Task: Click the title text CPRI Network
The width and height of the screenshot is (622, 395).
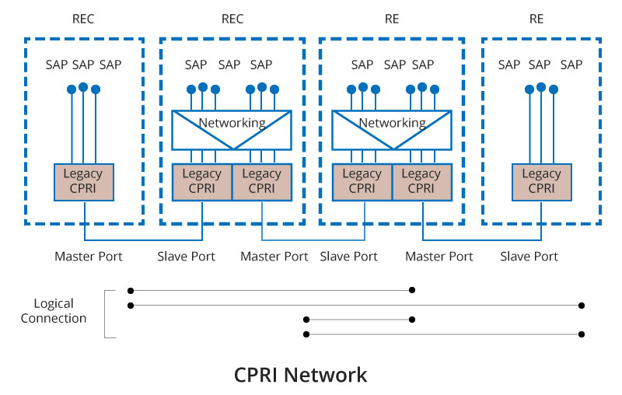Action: tap(300, 375)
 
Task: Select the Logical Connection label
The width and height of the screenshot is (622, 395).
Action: tap(54, 310)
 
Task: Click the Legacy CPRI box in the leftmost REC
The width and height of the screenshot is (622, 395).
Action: tap(83, 180)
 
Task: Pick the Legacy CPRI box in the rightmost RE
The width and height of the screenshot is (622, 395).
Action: tap(541, 180)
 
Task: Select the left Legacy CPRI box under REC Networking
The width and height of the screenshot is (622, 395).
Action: tap(201, 180)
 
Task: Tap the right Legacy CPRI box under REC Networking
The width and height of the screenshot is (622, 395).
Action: tap(261, 180)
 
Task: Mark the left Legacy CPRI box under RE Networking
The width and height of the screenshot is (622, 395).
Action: tap(362, 180)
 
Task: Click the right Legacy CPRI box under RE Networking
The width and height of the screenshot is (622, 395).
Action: tap(421, 180)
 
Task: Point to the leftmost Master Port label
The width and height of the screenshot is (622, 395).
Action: tap(88, 256)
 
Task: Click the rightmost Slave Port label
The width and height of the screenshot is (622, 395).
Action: tap(529, 256)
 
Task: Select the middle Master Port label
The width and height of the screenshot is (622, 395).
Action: tap(274, 256)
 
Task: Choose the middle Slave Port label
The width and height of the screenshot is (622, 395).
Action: tap(349, 256)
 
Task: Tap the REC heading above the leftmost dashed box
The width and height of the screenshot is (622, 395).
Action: tap(83, 19)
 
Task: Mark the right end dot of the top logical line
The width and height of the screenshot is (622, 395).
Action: tap(412, 290)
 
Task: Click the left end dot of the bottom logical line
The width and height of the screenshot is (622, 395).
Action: tap(307, 334)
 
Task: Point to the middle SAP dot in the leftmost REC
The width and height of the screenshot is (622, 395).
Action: tap(83, 86)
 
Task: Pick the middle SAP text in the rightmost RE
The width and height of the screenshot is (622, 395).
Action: tap(540, 65)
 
